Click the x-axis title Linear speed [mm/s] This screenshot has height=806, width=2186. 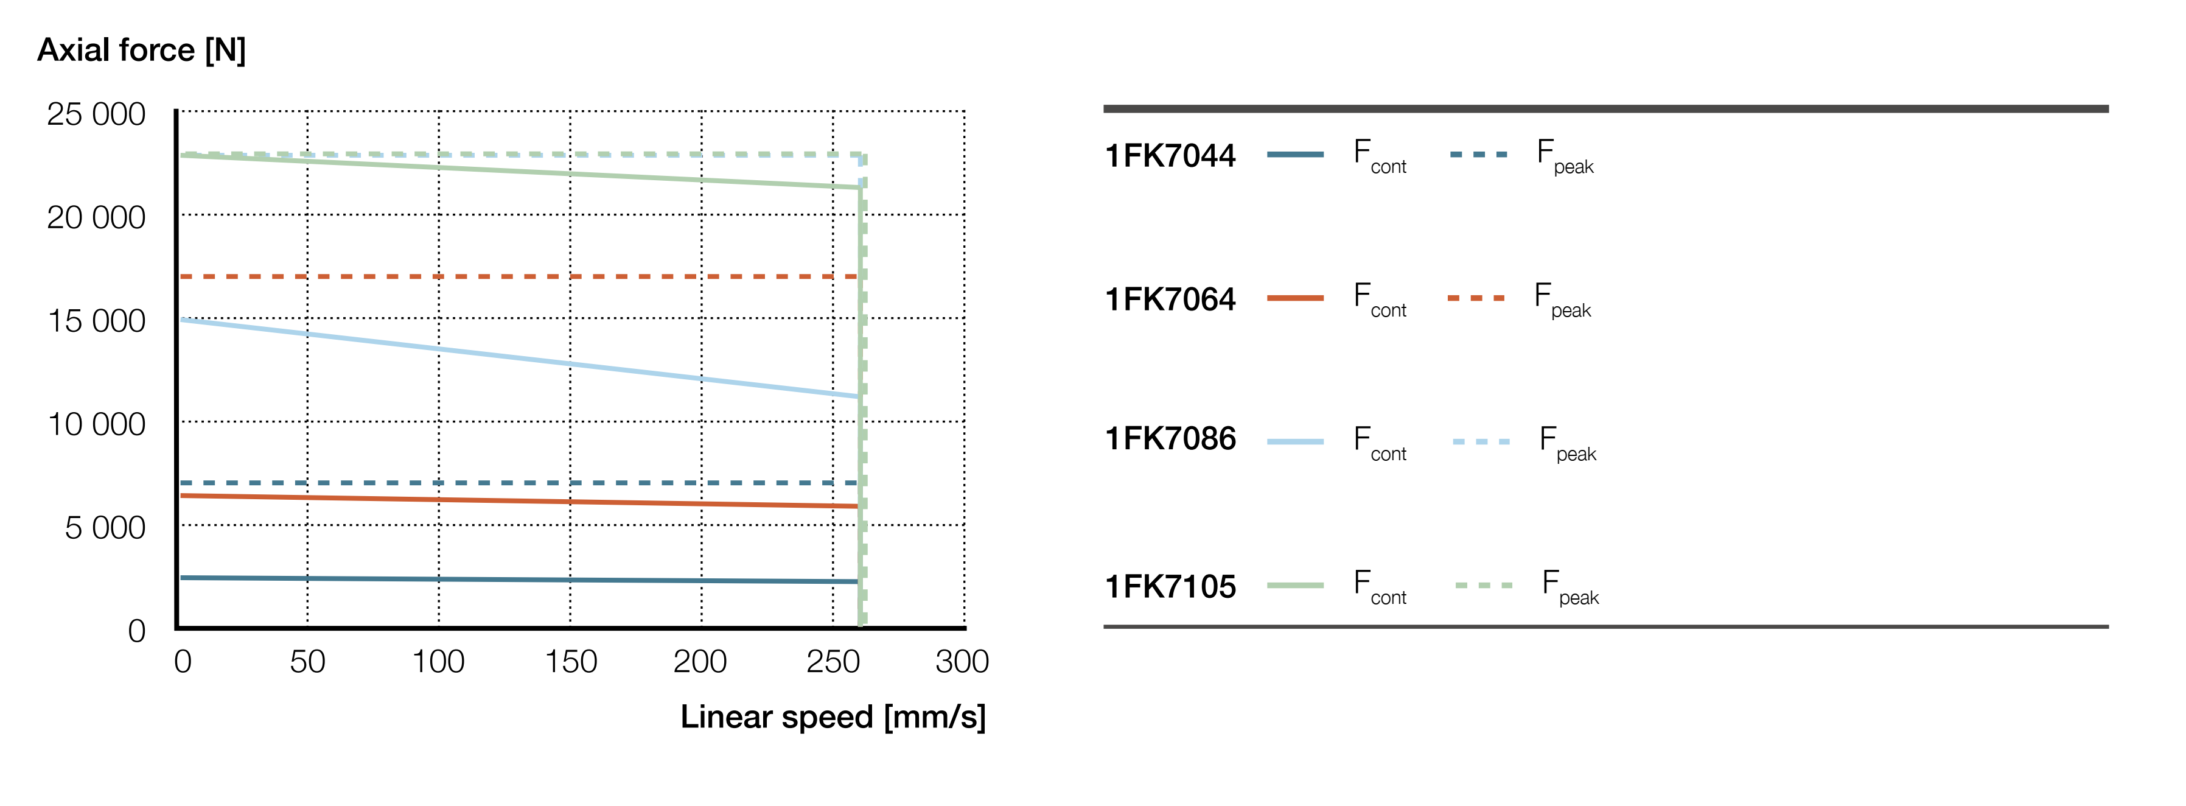[833, 717]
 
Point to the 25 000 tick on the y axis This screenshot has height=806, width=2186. [96, 114]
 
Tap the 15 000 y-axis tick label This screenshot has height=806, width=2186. [96, 321]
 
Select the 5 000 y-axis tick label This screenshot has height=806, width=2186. [105, 528]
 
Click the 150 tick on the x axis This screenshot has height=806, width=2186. [570, 662]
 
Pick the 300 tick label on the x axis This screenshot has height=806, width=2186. [962, 662]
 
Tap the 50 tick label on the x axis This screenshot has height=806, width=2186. [307, 662]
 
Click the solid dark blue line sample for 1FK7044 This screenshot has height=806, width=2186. [1295, 155]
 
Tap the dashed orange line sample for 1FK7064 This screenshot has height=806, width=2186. [1476, 298]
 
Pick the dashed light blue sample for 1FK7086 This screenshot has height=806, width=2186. [1481, 441]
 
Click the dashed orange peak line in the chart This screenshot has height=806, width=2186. [509, 276]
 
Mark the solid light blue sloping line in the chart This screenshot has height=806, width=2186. [509, 357]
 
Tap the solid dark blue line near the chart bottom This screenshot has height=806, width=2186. [509, 580]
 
